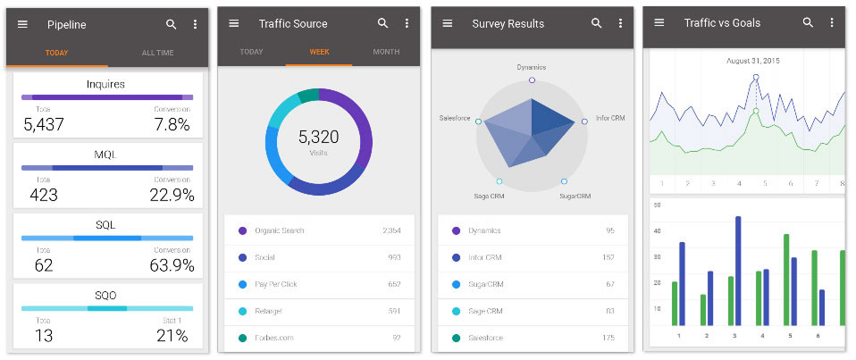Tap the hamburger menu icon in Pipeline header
[23, 24]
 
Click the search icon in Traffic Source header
[383, 23]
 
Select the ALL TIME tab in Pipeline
[158, 53]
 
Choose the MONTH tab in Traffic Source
[386, 52]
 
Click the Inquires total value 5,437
[44, 125]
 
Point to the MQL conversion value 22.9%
[172, 196]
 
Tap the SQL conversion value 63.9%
[172, 265]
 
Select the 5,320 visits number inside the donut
[318, 137]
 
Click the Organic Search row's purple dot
[242, 230]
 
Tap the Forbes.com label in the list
[274, 338]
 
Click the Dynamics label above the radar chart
[531, 67]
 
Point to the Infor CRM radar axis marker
[586, 121]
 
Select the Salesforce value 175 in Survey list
[608, 338]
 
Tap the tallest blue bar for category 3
[738, 271]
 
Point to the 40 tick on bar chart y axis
[657, 230]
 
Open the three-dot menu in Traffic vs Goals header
[832, 23]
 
